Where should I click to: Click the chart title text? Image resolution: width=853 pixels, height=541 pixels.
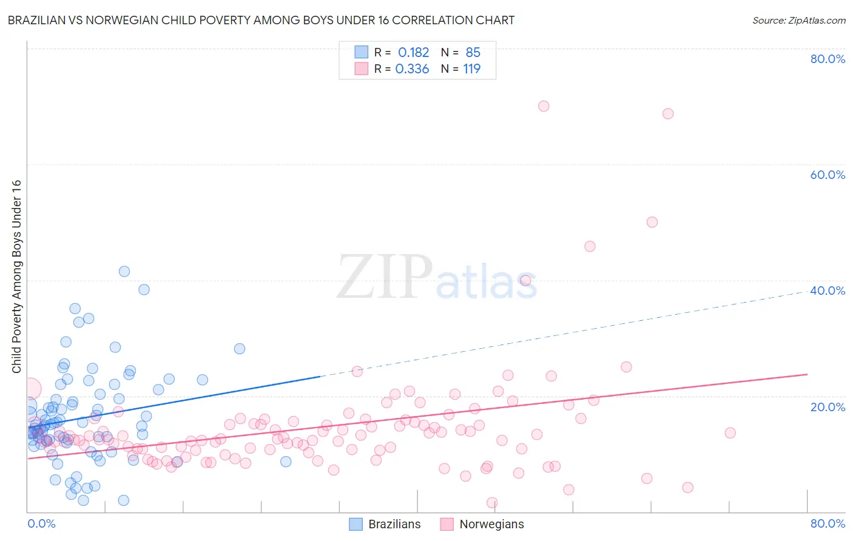click(261, 20)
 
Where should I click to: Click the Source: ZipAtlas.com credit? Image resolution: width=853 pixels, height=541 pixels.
click(798, 20)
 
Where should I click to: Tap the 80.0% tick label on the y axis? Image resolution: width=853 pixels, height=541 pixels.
click(828, 59)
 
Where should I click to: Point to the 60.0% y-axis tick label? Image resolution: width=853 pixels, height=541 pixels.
click(828, 175)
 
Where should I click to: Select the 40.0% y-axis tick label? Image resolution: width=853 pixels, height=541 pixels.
click(828, 291)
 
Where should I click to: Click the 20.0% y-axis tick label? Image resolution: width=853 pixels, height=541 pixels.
click(828, 406)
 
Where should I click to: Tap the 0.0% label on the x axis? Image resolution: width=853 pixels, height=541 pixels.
click(41, 523)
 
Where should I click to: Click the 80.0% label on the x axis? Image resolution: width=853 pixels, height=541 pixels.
click(828, 523)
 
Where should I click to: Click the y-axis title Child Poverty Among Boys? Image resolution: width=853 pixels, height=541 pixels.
click(16, 277)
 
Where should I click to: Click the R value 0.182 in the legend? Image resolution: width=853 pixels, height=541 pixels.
click(413, 53)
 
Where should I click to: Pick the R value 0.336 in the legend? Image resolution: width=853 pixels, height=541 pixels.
click(412, 69)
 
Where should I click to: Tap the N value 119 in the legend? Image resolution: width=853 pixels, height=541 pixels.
click(471, 69)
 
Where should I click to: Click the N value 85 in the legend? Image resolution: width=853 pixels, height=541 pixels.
click(473, 53)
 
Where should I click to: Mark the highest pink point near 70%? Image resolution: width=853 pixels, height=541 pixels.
click(544, 106)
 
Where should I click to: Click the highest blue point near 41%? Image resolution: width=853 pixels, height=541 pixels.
click(124, 272)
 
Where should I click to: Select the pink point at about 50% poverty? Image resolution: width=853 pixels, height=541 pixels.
click(652, 222)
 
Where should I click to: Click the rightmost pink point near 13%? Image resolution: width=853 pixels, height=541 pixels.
click(730, 432)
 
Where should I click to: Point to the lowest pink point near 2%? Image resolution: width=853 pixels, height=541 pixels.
click(492, 503)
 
